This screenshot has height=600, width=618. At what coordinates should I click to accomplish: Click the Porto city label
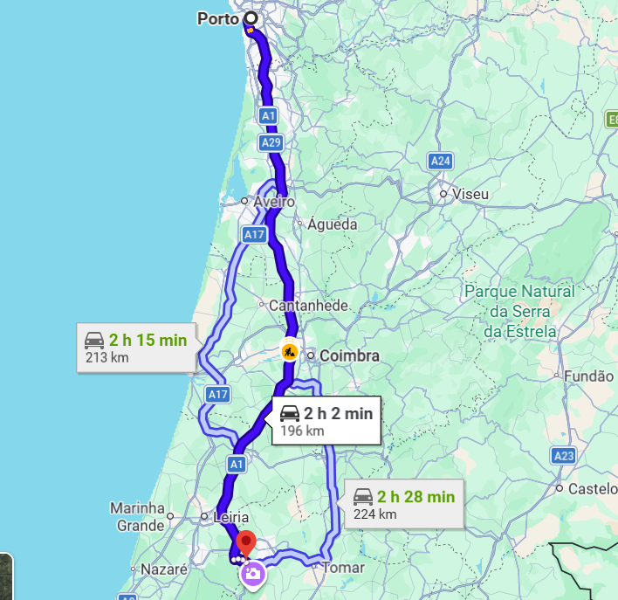pyautogui.click(x=217, y=19)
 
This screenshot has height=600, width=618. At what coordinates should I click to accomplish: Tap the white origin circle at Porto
pyautogui.click(x=251, y=18)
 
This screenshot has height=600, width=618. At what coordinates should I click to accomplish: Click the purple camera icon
pyautogui.click(x=253, y=574)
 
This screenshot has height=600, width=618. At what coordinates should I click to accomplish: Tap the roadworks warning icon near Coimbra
pyautogui.click(x=289, y=352)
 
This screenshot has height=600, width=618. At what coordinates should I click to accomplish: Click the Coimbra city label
pyautogui.click(x=349, y=356)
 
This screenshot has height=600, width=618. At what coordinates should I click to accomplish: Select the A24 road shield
pyautogui.click(x=441, y=161)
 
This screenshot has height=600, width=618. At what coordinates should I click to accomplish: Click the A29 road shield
pyautogui.click(x=270, y=141)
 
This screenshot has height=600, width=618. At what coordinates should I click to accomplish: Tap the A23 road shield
pyautogui.click(x=563, y=455)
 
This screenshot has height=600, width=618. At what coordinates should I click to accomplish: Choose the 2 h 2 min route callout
pyautogui.click(x=326, y=420)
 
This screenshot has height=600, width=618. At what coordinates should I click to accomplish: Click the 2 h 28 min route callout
pyautogui.click(x=403, y=504)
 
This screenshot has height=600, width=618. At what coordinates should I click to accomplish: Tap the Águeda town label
pyautogui.click(x=332, y=224)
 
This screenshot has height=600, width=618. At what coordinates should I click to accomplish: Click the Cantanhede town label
pyautogui.click(x=308, y=306)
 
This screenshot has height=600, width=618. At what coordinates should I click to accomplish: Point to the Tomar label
pyautogui.click(x=343, y=568)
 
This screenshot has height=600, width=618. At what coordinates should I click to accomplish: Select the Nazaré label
pyautogui.click(x=160, y=569)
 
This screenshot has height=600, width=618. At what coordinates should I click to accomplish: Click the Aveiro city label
pyautogui.click(x=274, y=202)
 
